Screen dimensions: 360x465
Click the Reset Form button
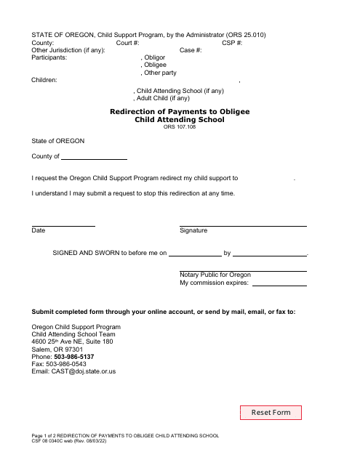271,413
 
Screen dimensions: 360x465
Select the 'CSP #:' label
234,43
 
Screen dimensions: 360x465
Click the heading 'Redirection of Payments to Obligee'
180,112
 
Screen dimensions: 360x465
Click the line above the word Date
63,225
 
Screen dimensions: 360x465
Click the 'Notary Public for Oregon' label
215,275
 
